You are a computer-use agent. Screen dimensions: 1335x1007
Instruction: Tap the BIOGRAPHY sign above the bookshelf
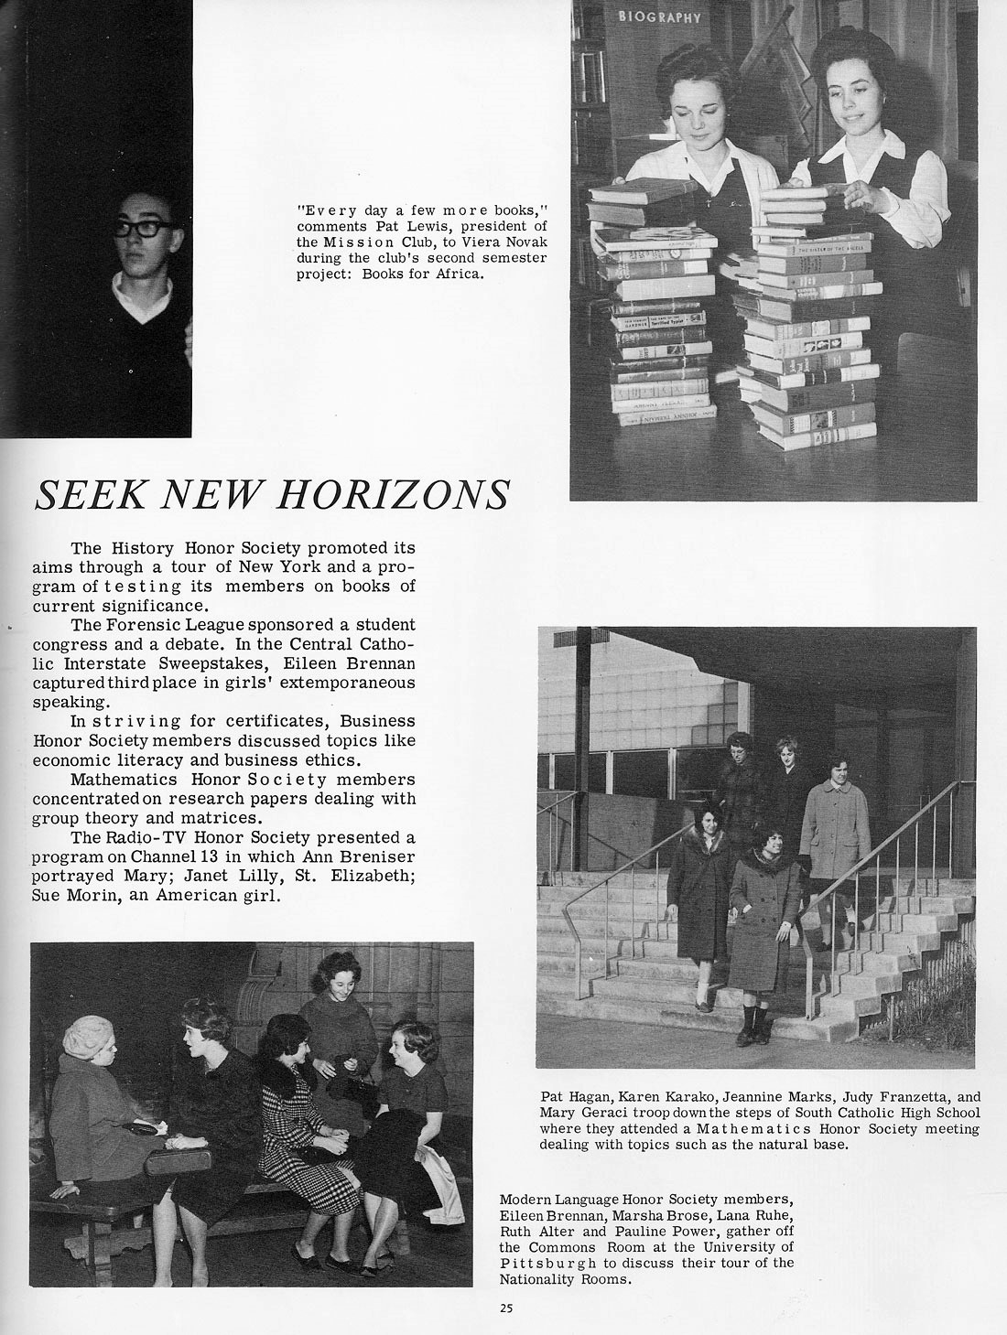659,16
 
